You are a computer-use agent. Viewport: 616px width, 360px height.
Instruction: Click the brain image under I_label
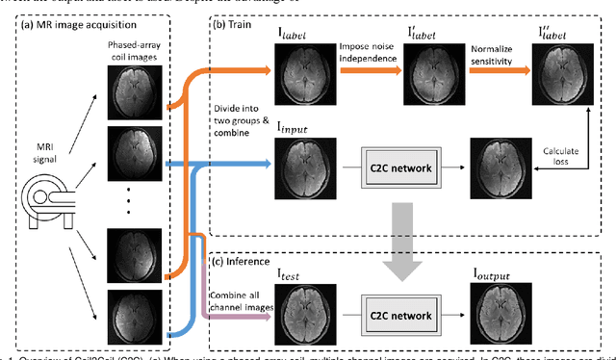[x=300, y=71]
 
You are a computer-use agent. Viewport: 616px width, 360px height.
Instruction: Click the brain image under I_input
[x=300, y=164]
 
